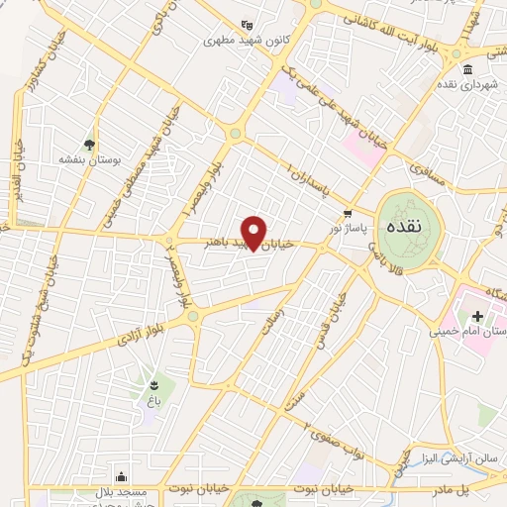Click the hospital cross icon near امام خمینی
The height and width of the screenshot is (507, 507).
[x=477, y=315]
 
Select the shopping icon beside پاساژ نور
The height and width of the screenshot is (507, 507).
[x=347, y=214]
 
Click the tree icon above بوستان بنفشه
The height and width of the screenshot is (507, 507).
[x=91, y=143]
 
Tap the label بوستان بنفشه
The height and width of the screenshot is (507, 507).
[x=90, y=158]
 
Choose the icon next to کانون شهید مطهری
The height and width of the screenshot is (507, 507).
[x=247, y=25]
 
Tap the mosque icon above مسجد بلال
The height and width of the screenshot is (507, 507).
[x=121, y=476]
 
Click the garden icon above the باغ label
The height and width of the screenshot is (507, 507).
[x=153, y=384]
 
